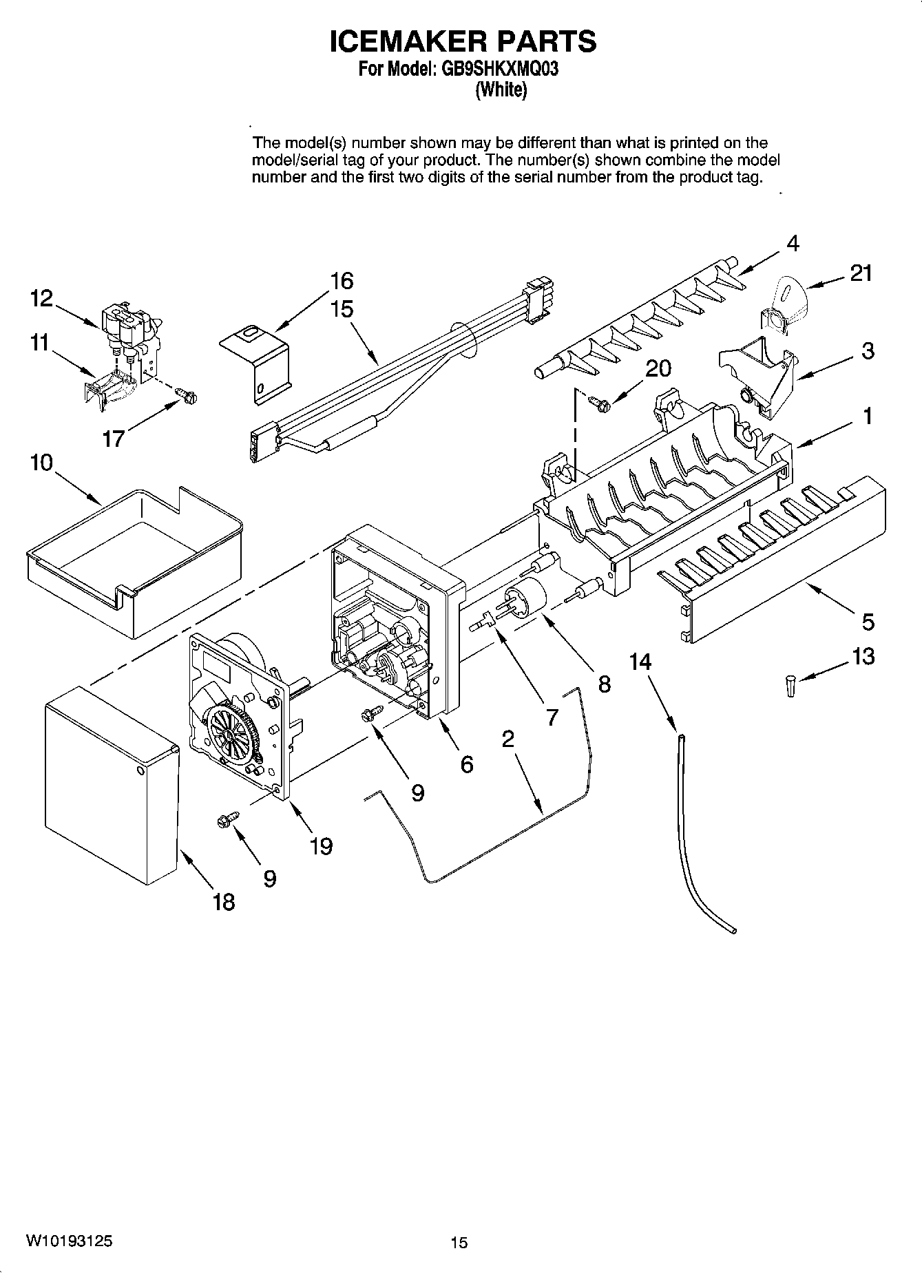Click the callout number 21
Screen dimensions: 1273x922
861,273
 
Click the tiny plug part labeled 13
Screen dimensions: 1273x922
791,686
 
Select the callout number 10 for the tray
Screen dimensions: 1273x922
41,463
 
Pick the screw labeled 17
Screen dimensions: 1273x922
187,394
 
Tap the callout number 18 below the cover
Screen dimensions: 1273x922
223,901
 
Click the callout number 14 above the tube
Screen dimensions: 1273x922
640,662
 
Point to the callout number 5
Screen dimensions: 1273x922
868,622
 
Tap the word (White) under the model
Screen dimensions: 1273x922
501,90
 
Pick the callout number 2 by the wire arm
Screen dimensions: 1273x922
507,739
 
